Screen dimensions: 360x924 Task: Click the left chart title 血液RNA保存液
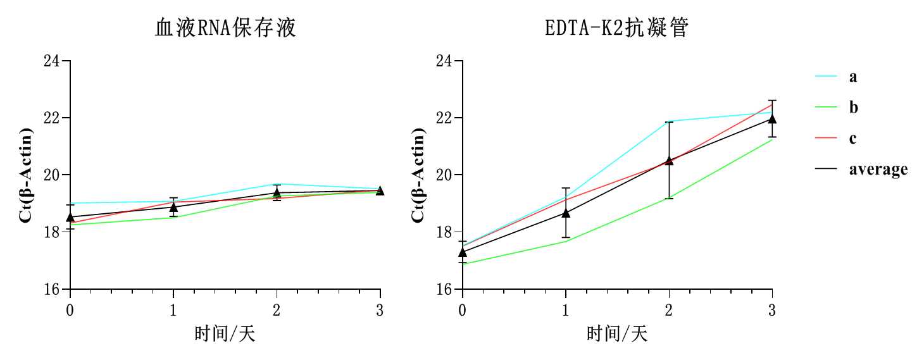pos(225,28)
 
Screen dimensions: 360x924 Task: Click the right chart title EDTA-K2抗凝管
pos(616,28)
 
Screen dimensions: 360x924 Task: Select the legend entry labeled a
pos(853,77)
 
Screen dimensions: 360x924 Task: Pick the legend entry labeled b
pos(854,108)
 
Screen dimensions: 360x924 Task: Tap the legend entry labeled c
pos(853,138)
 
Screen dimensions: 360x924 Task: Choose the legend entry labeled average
pos(878,169)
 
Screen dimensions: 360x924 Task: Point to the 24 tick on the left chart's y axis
pos(51,61)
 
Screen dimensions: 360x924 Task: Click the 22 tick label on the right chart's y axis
pos(444,118)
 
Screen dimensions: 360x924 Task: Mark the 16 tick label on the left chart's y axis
pos(51,289)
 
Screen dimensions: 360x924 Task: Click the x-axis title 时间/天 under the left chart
pos(225,333)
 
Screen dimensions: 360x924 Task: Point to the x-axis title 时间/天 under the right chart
pos(617,333)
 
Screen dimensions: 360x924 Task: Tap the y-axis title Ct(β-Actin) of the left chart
pos(25,175)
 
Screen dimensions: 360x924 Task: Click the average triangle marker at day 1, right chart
pos(566,213)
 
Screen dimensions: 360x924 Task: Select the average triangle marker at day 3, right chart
pos(772,118)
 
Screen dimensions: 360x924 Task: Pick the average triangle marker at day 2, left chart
pos(277,192)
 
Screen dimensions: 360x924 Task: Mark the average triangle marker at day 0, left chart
pos(70,217)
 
